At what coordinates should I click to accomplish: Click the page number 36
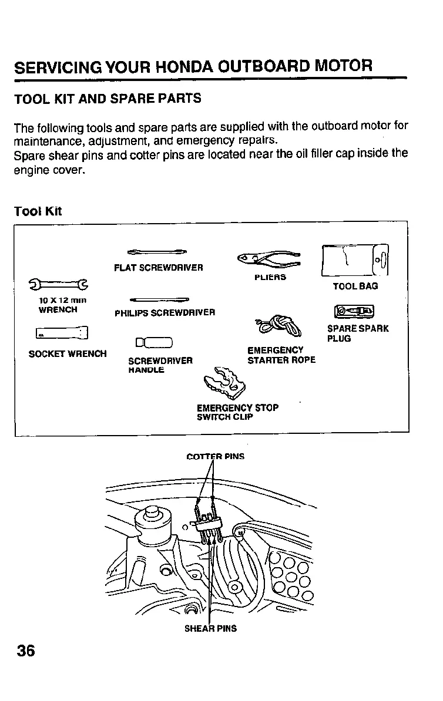[26, 651]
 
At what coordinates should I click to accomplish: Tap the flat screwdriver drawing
[157, 252]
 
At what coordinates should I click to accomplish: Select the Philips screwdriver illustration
[159, 299]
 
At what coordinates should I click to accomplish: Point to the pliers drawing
[269, 257]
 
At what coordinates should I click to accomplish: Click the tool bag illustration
[355, 259]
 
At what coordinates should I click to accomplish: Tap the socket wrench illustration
[62, 334]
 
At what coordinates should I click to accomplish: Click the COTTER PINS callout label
[215, 456]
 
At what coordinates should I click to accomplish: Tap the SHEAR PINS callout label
[211, 628]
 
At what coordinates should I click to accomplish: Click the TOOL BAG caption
[355, 287]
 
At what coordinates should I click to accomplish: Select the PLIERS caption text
[270, 277]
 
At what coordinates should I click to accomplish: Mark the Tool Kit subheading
[38, 211]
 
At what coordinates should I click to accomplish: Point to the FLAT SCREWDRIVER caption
[159, 268]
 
